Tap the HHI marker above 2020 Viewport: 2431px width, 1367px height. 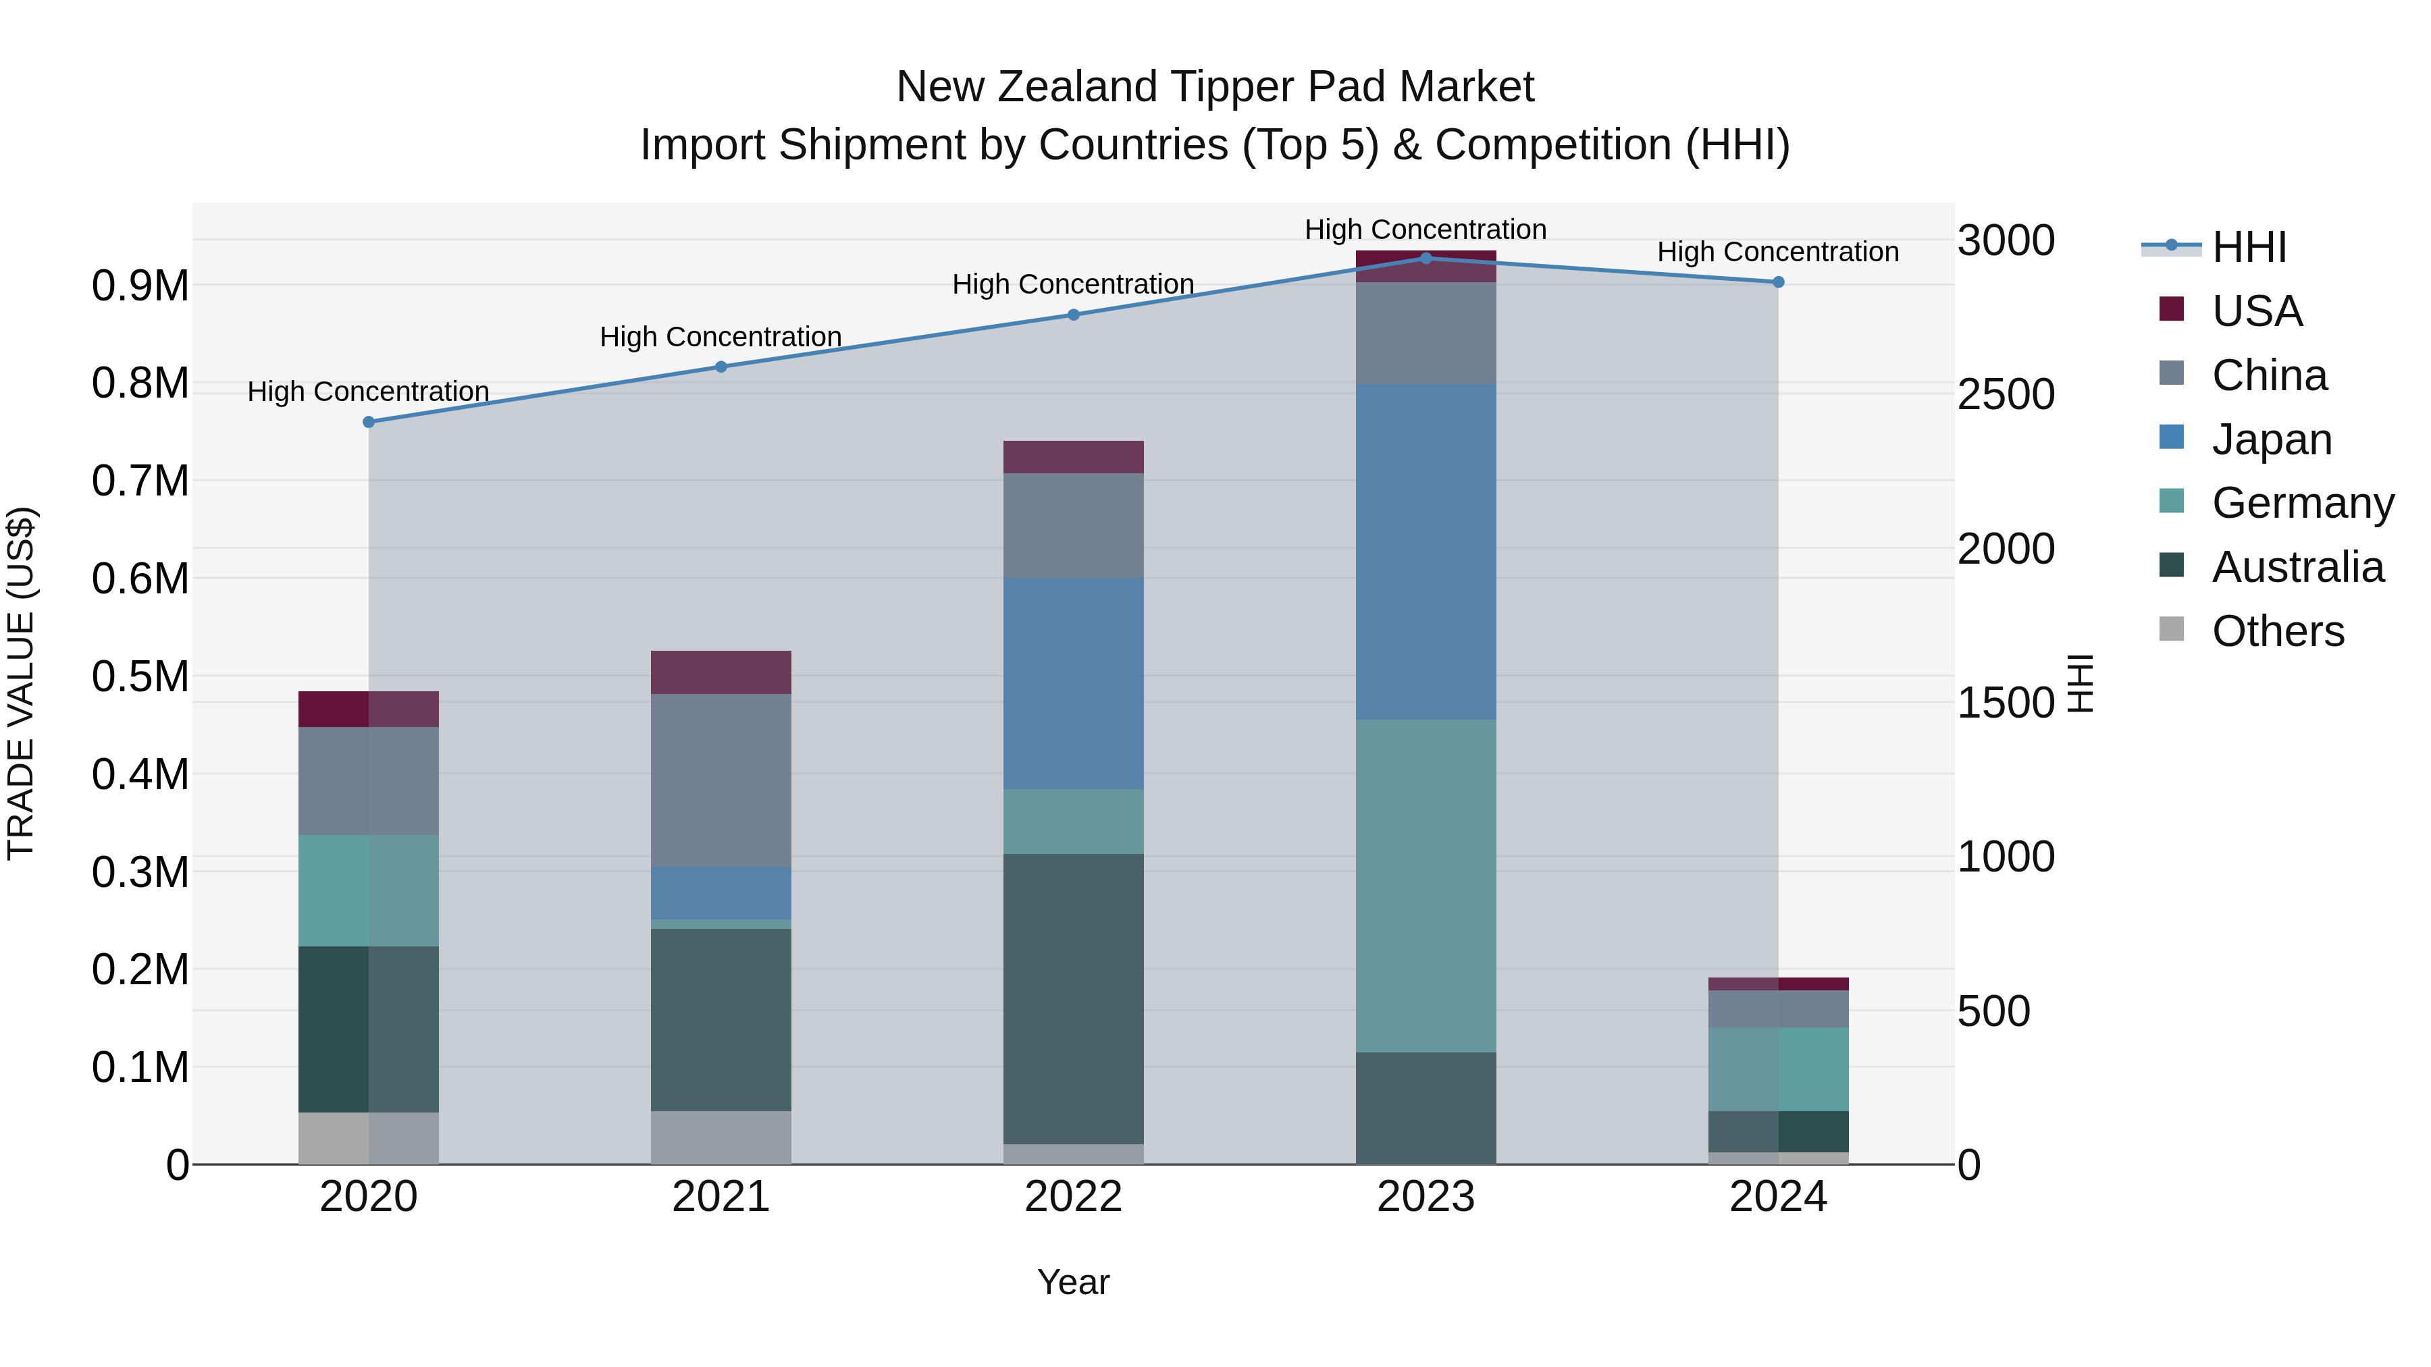[369, 422]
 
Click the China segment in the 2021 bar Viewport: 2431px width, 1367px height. [721, 780]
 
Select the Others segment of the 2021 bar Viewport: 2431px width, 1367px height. [721, 1137]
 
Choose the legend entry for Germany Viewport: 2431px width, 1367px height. [2303, 503]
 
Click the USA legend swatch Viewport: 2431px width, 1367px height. [2172, 309]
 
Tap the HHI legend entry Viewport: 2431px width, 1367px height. [2248, 247]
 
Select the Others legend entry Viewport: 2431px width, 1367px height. [2277, 631]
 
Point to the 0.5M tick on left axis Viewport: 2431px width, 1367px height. [140, 676]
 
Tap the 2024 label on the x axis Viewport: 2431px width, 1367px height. [1777, 1196]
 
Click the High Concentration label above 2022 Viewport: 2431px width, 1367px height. [1073, 284]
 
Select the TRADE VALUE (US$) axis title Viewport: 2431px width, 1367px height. [21, 683]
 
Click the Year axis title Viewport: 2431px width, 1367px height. [1073, 1282]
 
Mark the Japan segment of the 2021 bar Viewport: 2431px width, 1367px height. [721, 892]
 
